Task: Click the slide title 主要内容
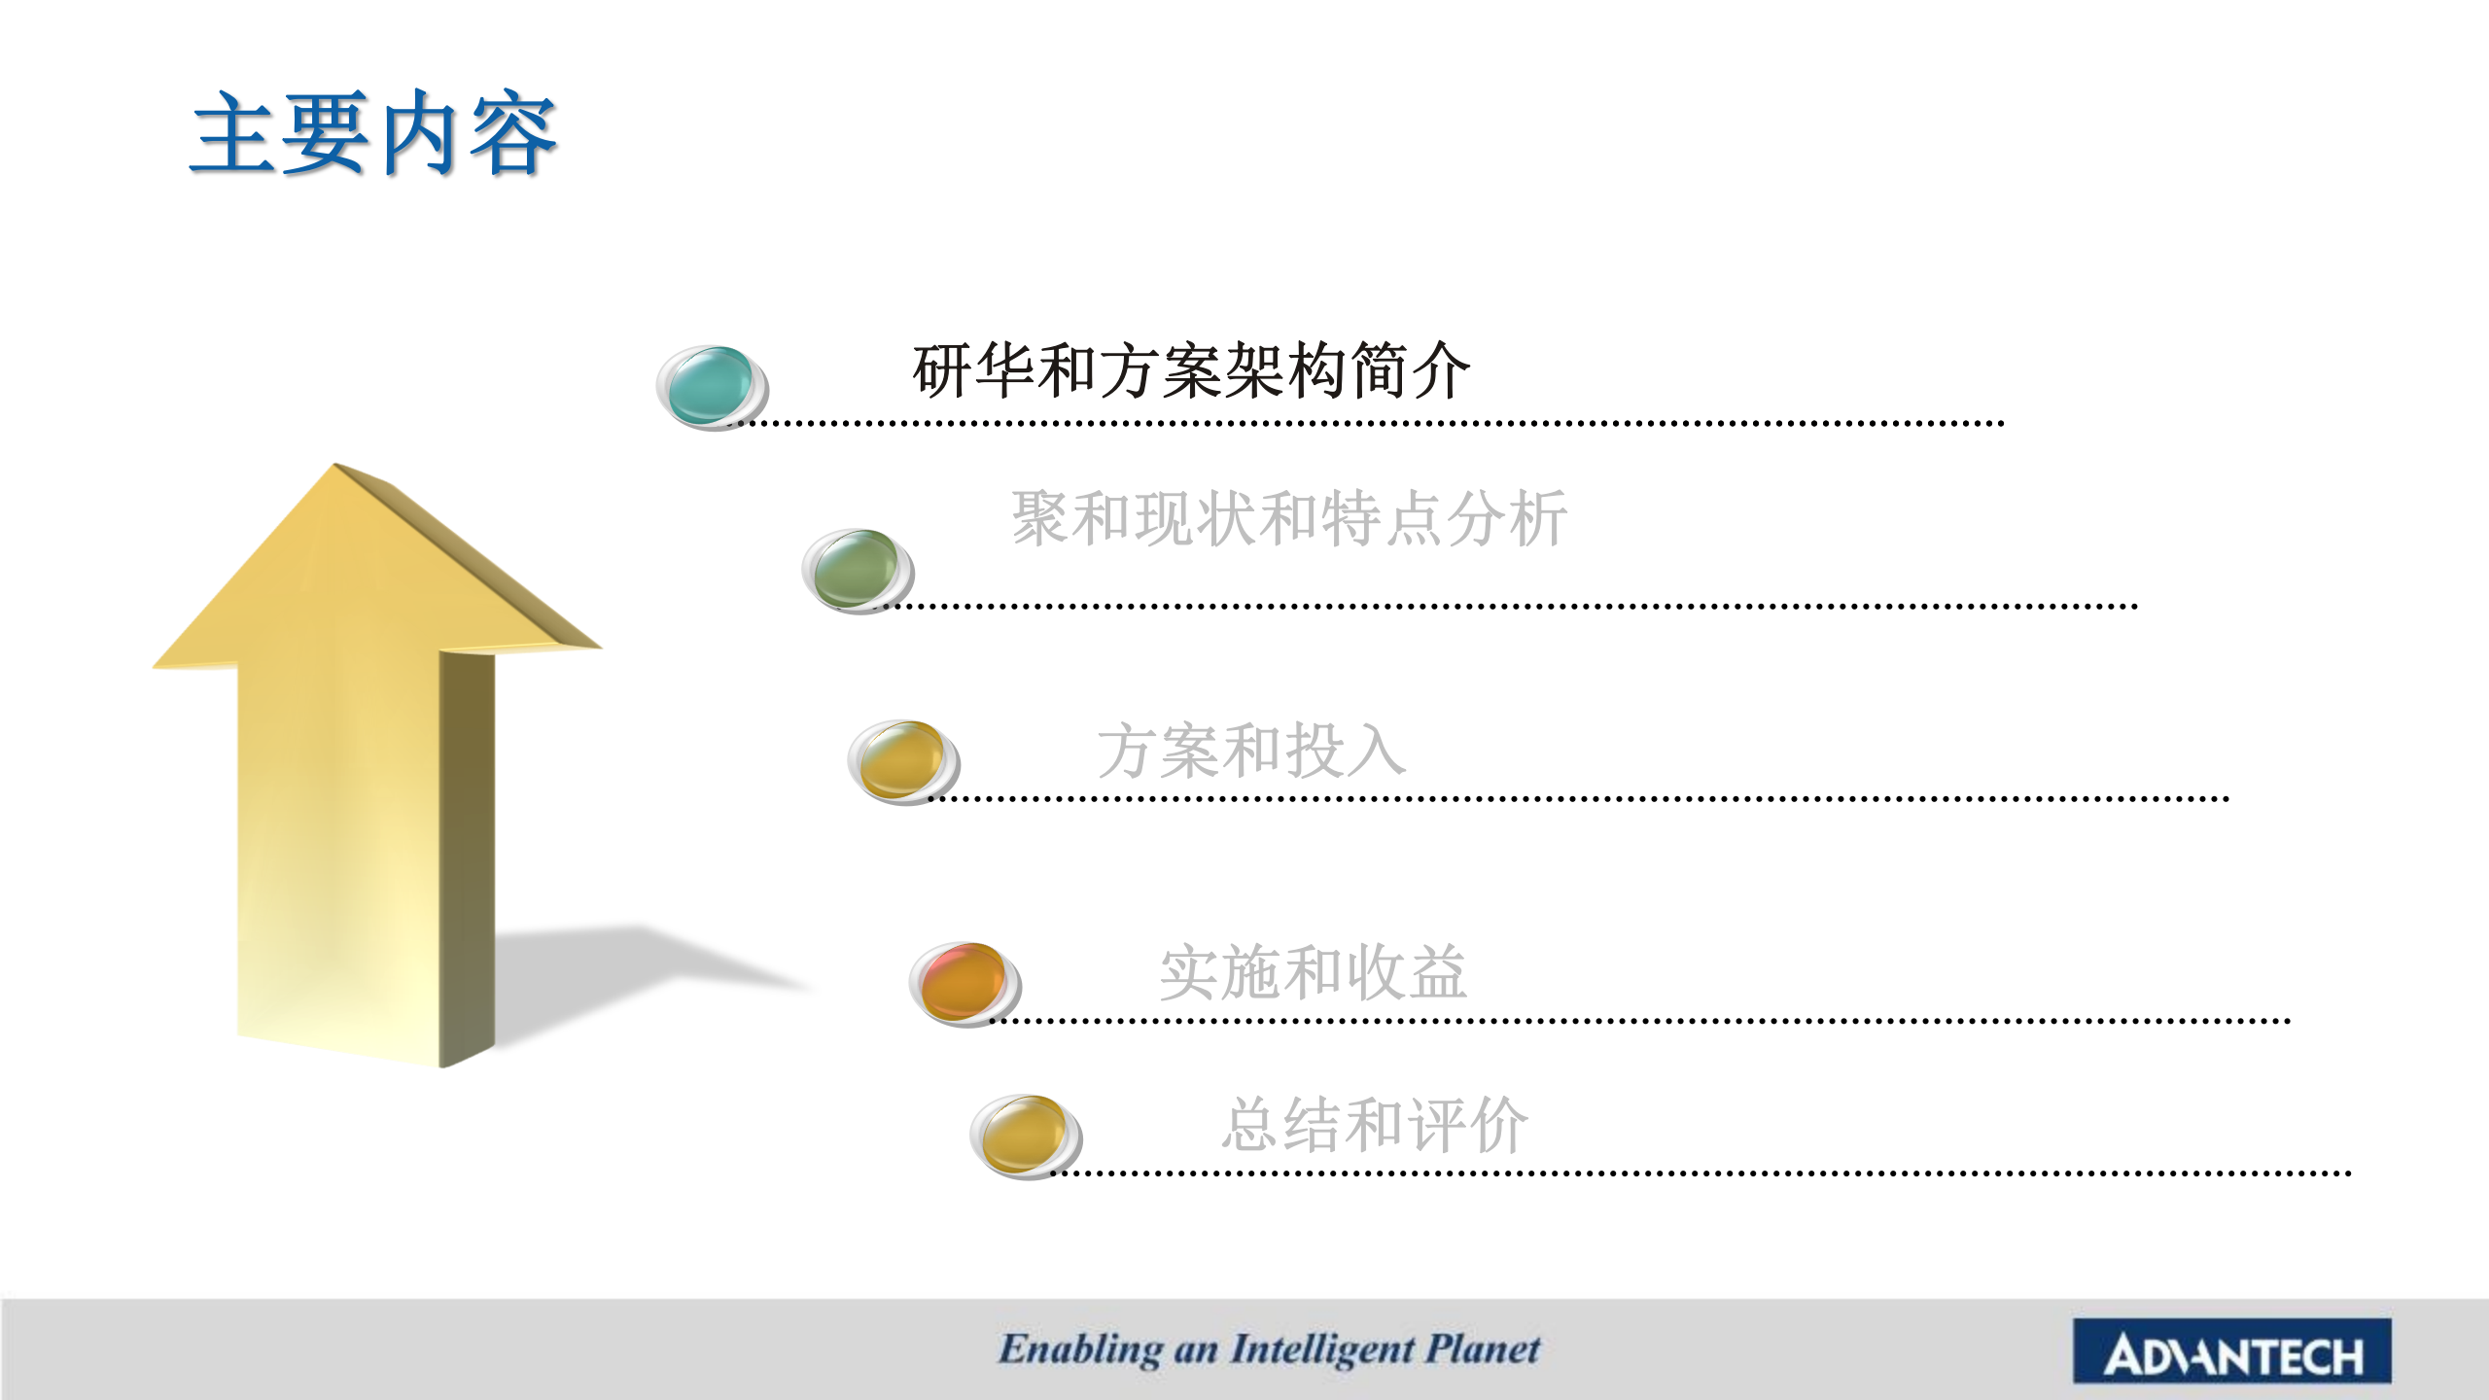coord(373,133)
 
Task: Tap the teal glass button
coord(712,387)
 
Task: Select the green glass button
coord(858,571)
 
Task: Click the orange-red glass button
coord(964,984)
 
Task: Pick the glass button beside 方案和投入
coord(903,762)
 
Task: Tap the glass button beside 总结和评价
coord(1026,1137)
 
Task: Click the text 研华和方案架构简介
coord(1191,371)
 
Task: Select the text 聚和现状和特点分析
coord(1289,518)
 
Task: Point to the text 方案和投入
coord(1251,751)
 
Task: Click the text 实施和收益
coord(1313,972)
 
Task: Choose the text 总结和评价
coord(1375,1125)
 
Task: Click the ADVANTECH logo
coord(2232,1351)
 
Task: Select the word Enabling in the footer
coord(1080,1350)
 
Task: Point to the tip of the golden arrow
coord(335,464)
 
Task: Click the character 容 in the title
coord(513,133)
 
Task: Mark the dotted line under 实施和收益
coord(1640,1021)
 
